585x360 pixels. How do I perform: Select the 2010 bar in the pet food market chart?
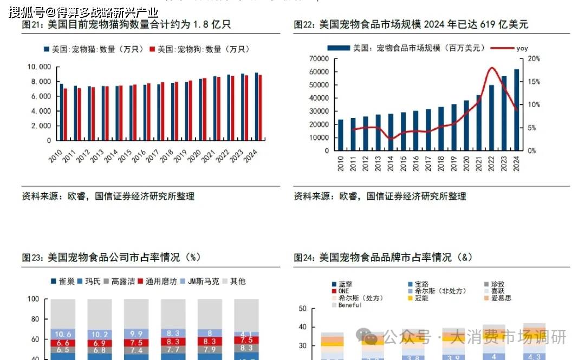click(x=341, y=135)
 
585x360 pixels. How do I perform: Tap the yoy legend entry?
click(x=522, y=48)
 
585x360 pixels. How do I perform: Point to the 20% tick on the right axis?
click(x=534, y=58)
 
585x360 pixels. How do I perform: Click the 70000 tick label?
click(x=319, y=58)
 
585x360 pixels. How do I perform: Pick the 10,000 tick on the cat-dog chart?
click(x=38, y=67)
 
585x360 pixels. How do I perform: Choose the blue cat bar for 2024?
click(x=256, y=107)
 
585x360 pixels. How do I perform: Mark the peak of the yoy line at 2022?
click(x=492, y=68)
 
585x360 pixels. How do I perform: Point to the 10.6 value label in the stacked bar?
click(x=63, y=334)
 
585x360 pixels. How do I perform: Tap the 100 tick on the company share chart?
click(x=33, y=299)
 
